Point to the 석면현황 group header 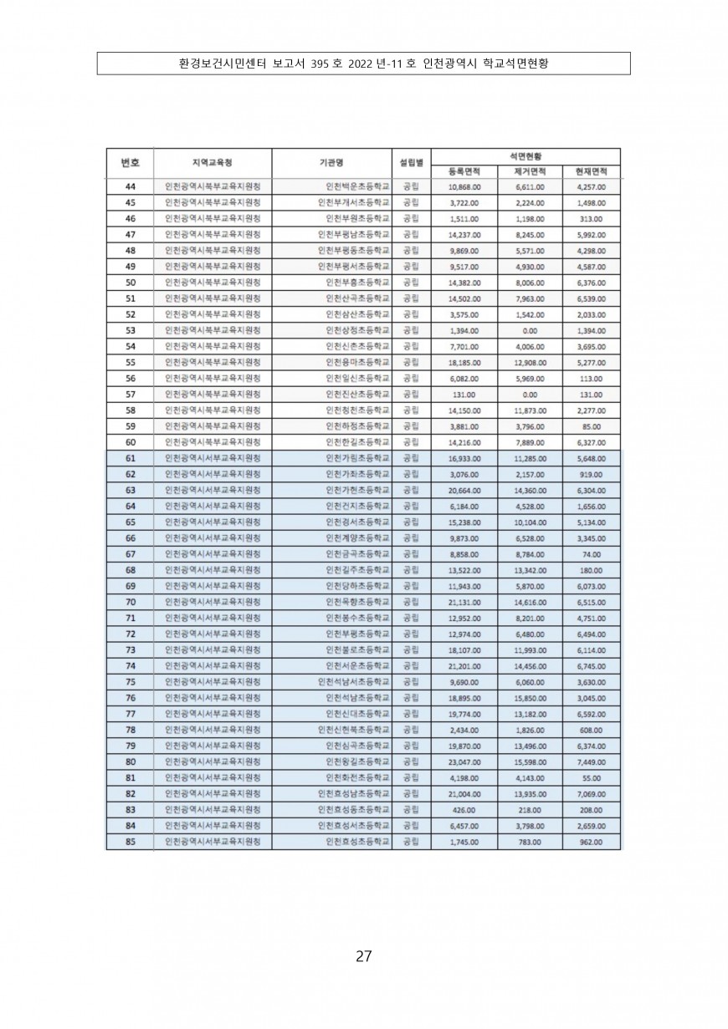525,155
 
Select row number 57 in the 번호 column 130,395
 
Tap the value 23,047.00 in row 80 464,762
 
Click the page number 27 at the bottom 363,956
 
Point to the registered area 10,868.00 464,187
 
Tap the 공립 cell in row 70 411,602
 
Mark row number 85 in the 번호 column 130,841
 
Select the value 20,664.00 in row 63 464,490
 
